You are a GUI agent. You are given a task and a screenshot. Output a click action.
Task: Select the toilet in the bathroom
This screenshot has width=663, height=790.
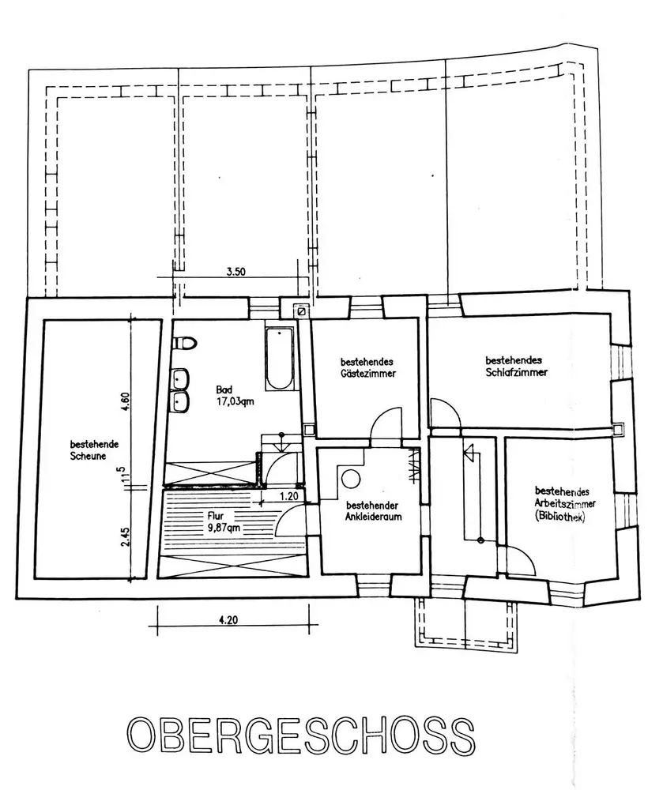coord(185,343)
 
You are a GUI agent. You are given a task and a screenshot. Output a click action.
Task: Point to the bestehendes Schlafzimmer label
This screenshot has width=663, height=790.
coord(517,366)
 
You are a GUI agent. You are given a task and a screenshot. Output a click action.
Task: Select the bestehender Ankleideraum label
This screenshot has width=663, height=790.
coord(372,512)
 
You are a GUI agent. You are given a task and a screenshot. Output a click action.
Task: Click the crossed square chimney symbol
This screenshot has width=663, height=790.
coord(301,311)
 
